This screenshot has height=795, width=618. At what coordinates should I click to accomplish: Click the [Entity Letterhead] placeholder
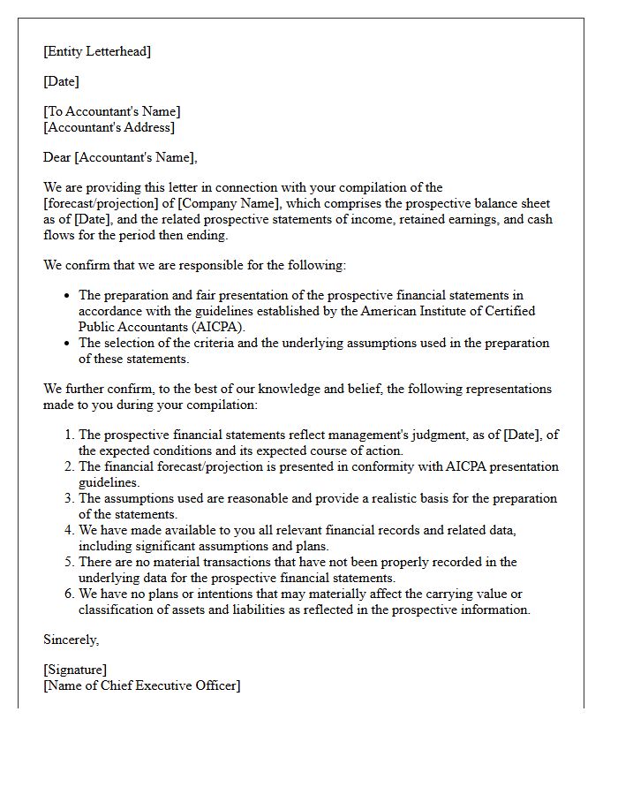coord(97,51)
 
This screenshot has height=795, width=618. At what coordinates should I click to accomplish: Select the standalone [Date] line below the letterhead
coord(61,81)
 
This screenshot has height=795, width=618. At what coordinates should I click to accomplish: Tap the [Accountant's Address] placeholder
coord(109,127)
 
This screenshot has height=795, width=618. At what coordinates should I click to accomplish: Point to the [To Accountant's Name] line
coord(111,111)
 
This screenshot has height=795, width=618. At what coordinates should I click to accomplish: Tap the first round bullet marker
coord(68,296)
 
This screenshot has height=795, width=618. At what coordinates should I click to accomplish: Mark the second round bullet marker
coord(68,344)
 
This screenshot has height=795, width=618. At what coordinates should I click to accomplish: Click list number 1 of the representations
coord(69,435)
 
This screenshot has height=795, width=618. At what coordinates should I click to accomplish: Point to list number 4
coord(69,530)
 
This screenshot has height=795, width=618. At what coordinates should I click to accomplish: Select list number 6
coord(69,594)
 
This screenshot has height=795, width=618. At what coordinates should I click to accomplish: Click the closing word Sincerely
coord(71,639)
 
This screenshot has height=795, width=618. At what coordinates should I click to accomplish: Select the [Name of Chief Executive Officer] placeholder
coord(141,685)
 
